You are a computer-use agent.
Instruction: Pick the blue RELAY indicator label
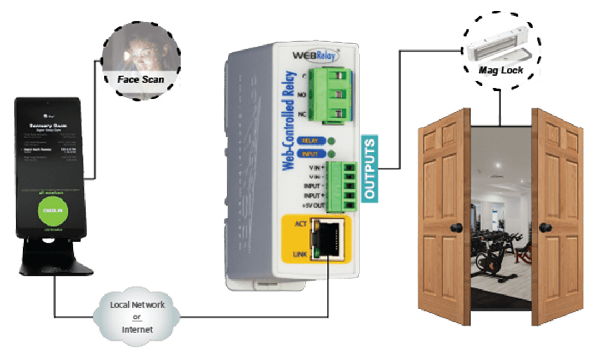(x=310, y=141)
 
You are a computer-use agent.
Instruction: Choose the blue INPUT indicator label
(x=310, y=153)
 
